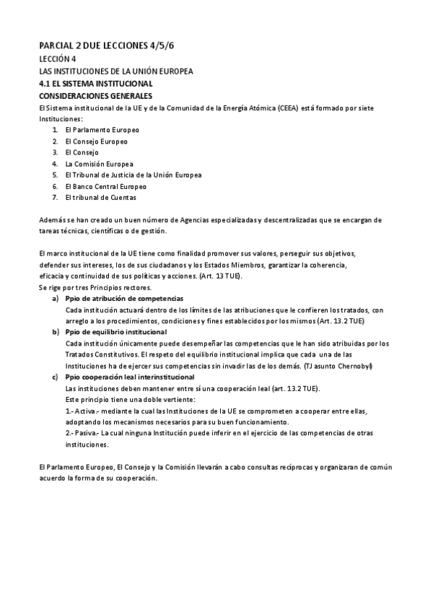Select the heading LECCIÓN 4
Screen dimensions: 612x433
pyautogui.click(x=57, y=59)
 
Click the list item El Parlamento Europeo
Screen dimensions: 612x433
pyautogui.click(x=102, y=129)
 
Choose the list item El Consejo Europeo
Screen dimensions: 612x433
pyautogui.click(x=96, y=141)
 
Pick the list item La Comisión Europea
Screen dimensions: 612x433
pyautogui.click(x=99, y=164)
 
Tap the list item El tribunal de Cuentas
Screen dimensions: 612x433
pyautogui.click(x=100, y=197)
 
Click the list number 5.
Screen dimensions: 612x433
pyautogui.click(x=55, y=175)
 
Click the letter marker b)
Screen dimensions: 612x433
pyautogui.click(x=56, y=331)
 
